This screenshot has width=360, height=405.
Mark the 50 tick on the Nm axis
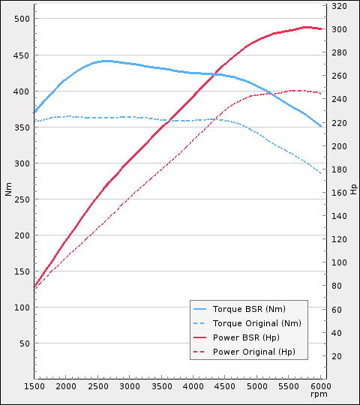25,343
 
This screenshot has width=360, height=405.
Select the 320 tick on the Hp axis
339,6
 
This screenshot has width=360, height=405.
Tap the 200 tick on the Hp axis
339,146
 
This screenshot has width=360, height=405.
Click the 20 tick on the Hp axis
337,356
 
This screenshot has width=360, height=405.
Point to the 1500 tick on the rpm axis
34,386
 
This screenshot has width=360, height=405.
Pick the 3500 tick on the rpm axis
162,386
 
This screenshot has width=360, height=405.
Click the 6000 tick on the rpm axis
321,386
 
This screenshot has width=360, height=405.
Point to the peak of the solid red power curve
306,27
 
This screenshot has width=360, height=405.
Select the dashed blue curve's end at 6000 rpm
321,174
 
